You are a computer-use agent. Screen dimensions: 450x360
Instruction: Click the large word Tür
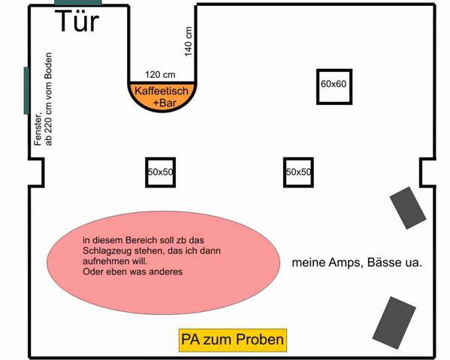click(x=77, y=21)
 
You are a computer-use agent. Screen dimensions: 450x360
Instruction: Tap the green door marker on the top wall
click(x=78, y=2)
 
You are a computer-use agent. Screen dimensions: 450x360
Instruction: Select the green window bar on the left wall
click(x=26, y=91)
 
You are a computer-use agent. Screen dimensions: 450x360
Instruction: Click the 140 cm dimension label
click(x=188, y=41)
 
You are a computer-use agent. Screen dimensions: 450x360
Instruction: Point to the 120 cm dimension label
click(x=160, y=74)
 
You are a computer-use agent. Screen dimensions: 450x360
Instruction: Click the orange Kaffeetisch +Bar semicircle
click(x=162, y=97)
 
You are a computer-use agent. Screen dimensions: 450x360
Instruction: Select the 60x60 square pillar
click(x=334, y=87)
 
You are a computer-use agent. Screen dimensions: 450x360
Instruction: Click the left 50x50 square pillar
click(x=161, y=172)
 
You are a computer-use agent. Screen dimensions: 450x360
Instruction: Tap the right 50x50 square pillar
click(x=298, y=172)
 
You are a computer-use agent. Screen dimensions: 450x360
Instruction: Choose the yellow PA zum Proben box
click(x=233, y=340)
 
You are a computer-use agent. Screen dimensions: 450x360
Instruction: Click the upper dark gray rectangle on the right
click(x=408, y=208)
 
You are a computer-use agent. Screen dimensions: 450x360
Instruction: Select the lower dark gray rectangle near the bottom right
click(x=394, y=322)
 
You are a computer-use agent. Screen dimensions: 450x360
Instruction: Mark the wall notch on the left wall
click(x=37, y=172)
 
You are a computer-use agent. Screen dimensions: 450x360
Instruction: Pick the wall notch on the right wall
click(x=427, y=172)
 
